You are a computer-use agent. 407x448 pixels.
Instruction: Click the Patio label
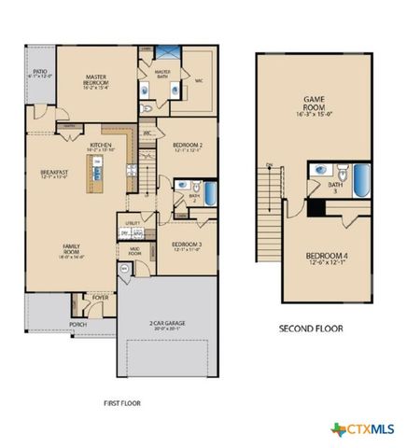coord(39,73)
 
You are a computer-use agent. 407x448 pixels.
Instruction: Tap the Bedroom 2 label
coord(189,147)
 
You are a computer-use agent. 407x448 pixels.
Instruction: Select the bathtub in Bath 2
coord(210,193)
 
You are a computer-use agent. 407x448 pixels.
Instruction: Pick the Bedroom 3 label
coord(187,246)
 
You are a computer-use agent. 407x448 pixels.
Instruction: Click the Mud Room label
coord(134,252)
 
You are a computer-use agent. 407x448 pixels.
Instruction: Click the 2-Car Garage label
coord(169,326)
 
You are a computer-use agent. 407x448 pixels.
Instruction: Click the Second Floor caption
coord(311,329)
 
